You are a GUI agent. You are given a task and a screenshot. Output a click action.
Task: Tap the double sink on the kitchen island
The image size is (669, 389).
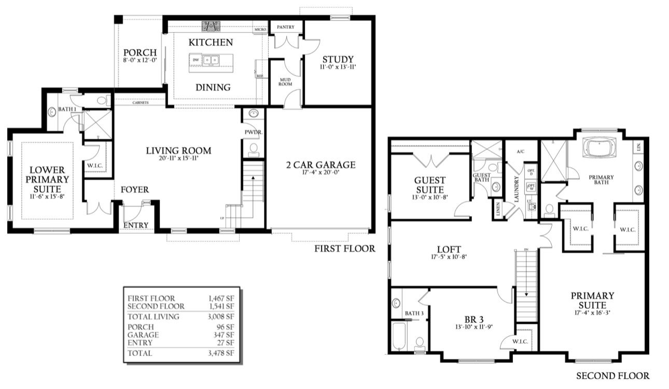211,60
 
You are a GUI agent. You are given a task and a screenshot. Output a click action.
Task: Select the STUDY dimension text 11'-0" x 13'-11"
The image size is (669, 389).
338,67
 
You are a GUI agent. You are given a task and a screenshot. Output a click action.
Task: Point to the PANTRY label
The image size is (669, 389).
286,27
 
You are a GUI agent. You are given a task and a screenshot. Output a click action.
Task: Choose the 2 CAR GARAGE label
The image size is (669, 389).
320,165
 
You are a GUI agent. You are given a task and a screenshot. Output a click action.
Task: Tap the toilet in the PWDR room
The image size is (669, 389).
254,149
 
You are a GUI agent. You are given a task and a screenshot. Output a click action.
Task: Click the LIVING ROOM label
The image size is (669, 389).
178,151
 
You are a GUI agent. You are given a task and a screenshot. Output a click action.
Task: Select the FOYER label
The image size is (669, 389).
135,190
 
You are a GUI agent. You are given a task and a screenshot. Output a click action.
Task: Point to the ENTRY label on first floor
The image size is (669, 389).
136,225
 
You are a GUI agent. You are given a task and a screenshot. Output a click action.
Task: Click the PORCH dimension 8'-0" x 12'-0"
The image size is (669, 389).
140,61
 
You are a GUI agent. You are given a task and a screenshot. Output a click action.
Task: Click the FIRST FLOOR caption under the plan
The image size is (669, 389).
344,249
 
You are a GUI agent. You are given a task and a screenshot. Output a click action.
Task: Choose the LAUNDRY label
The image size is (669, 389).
517,186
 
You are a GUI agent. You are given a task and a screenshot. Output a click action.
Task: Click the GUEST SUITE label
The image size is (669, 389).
429,185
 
